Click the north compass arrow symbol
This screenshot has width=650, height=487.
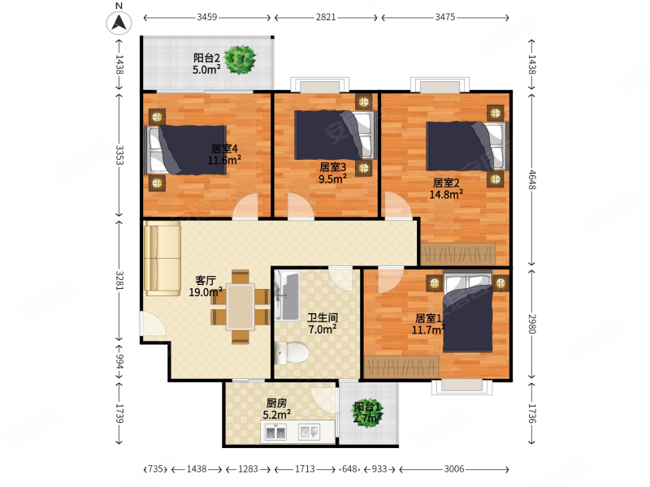click(x=119, y=23)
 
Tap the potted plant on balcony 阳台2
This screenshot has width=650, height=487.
click(x=240, y=60)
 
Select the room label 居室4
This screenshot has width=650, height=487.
click(x=224, y=149)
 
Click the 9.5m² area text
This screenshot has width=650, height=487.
click(x=332, y=179)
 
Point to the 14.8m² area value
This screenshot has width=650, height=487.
click(x=446, y=194)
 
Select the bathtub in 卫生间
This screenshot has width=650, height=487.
click(x=287, y=295)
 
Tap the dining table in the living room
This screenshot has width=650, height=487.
click(x=240, y=307)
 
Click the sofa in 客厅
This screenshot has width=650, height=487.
click(x=162, y=258)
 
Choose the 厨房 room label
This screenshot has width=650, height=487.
click(x=276, y=403)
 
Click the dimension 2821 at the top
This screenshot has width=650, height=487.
click(x=326, y=17)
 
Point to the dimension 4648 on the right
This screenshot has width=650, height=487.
click(x=532, y=180)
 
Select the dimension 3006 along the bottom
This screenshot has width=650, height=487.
click(x=454, y=469)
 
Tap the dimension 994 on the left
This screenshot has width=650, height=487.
click(x=119, y=360)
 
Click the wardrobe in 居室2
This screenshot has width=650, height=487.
click(x=458, y=254)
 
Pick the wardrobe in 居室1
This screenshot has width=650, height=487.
click(x=401, y=367)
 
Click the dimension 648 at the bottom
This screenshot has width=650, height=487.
click(x=349, y=469)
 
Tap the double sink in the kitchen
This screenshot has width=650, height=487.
click(x=275, y=433)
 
